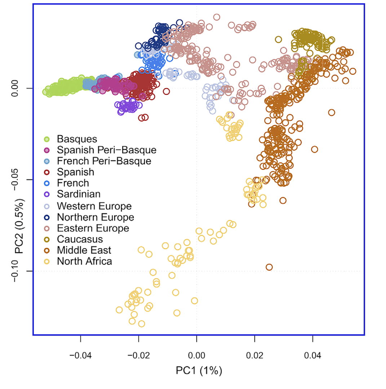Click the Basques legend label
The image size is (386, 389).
click(x=77, y=139)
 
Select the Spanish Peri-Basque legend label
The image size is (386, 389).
click(x=107, y=150)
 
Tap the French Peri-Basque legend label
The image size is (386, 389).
click(x=104, y=161)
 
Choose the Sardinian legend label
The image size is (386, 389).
click(x=79, y=194)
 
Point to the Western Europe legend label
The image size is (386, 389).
click(x=94, y=206)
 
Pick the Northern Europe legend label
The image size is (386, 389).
click(x=96, y=217)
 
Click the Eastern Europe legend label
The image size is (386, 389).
click(x=93, y=228)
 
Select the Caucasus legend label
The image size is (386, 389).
click(x=80, y=239)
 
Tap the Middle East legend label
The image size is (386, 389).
click(x=84, y=250)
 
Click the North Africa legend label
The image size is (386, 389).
click(x=85, y=261)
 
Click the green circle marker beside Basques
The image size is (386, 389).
click(x=46, y=139)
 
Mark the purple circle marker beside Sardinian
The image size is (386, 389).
click(x=46, y=194)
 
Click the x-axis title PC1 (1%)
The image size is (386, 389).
click(x=199, y=371)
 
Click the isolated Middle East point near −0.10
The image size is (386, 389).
click(x=269, y=267)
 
